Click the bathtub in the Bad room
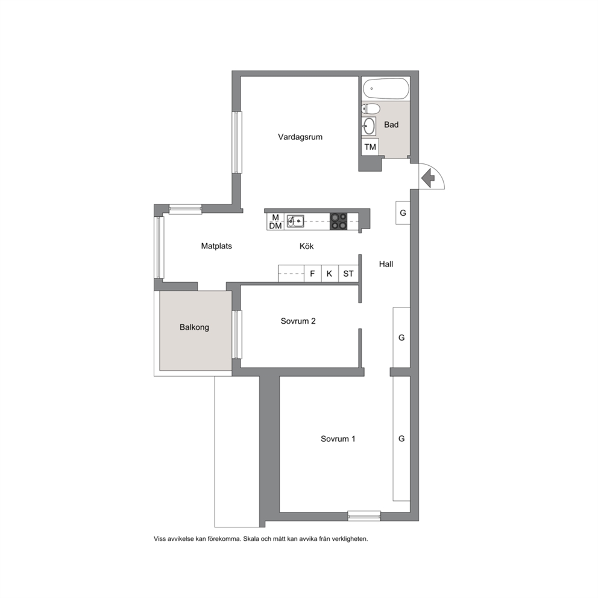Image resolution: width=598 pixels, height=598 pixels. (386, 89)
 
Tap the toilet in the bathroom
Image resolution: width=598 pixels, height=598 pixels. (371, 109)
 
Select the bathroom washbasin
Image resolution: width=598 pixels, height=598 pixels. (369, 126)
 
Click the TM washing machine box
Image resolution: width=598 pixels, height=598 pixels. (370, 147)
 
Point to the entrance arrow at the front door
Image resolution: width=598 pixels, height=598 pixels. (428, 177)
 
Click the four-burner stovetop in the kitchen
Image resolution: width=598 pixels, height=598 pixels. (339, 221)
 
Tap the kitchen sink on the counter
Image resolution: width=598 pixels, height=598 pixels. (295, 221)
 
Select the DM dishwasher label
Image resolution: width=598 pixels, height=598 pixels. (275, 226)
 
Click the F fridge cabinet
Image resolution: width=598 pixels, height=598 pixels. (313, 274)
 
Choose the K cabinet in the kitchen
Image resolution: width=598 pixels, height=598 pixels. (330, 274)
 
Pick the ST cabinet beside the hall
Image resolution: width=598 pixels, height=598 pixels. (348, 274)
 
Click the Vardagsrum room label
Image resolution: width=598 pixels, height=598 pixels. (300, 137)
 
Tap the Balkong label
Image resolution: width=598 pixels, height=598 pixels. (194, 327)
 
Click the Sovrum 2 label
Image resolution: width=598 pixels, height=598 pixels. (298, 321)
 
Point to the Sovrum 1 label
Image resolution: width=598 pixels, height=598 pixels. (338, 439)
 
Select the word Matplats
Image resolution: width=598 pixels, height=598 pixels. (216, 246)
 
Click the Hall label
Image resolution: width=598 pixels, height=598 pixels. (386, 264)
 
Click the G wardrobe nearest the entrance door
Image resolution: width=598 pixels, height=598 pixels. (403, 213)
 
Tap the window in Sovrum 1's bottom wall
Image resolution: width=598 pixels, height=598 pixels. (364, 516)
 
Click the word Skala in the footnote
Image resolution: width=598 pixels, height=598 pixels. (251, 539)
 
